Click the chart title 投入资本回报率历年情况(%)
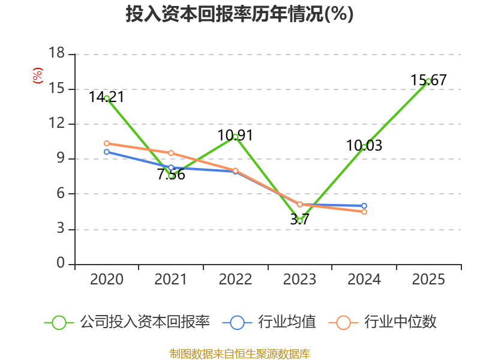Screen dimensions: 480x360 (239, 14)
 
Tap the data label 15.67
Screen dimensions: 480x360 (428, 80)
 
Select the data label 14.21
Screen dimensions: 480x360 (106, 97)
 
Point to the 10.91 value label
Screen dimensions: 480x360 (235, 136)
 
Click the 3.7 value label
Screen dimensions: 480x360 (299, 219)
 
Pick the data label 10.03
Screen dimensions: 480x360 (364, 145)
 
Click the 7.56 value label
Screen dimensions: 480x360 (171, 175)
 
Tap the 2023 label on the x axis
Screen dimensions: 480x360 (299, 279)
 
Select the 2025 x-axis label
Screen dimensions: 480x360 (428, 279)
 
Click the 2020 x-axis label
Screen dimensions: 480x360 (107, 279)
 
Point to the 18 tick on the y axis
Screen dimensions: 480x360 (56, 53)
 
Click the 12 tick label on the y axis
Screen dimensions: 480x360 (56, 123)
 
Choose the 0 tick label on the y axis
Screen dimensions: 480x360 (61, 263)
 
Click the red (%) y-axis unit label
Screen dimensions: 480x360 (38, 76)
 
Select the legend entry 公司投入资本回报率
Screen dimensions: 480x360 (127, 322)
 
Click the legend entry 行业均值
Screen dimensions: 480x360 (269, 322)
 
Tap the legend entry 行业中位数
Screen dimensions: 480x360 (382, 322)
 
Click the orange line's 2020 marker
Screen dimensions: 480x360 (107, 143)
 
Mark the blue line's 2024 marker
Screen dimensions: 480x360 (364, 206)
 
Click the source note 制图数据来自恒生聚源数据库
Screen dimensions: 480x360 (239, 354)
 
